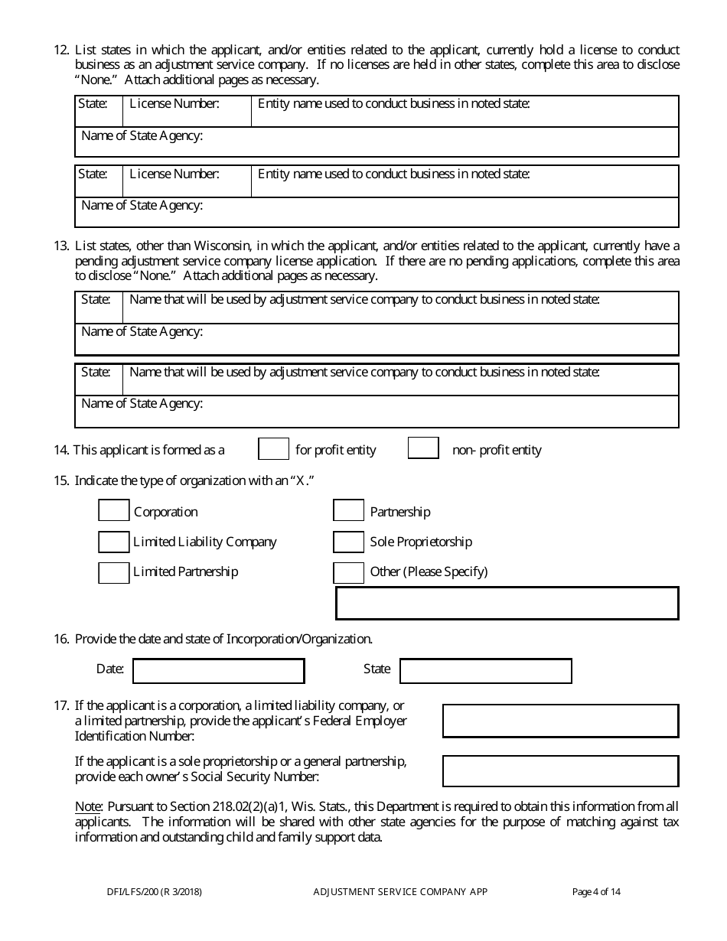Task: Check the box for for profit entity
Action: pos(273,449)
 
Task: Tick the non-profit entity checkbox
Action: pos(423,449)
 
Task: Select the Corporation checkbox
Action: pos(114,512)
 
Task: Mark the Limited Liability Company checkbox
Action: pos(114,542)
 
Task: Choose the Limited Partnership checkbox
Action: pos(114,571)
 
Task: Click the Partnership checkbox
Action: pos(349,512)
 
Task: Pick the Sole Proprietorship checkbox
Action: pos(349,542)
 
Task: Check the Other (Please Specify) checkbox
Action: pos(349,571)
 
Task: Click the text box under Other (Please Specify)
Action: pos(507,603)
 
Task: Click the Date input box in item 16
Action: pos(219,671)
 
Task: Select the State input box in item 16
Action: pos(485,671)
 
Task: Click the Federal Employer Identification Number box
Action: pos(560,721)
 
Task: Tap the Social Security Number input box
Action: pos(560,771)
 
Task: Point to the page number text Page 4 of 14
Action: pos(596,891)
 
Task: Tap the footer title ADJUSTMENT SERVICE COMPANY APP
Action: pos(400,891)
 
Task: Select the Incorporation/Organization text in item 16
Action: pos(298,639)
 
